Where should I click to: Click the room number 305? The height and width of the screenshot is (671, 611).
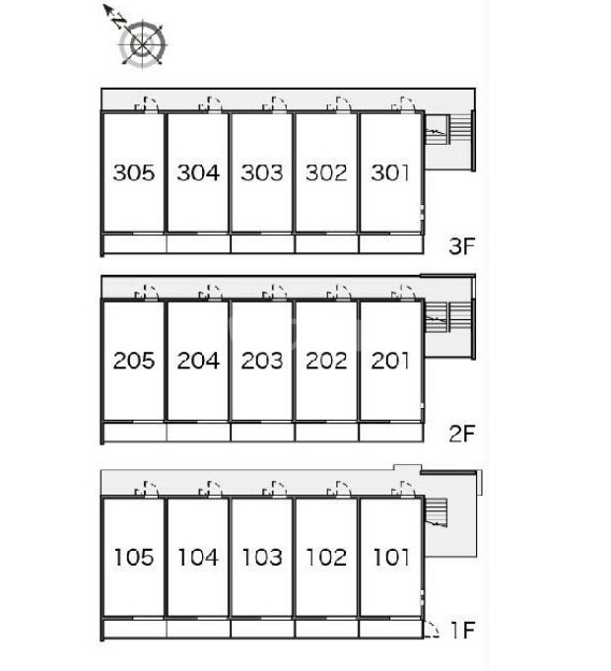click(x=133, y=172)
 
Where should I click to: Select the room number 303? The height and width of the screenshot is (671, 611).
click(x=262, y=172)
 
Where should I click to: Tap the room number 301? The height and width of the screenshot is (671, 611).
click(x=390, y=172)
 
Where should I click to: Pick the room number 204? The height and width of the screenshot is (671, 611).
click(x=198, y=361)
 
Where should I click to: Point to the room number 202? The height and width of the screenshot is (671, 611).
click(x=326, y=361)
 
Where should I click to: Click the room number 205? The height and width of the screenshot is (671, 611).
click(x=133, y=361)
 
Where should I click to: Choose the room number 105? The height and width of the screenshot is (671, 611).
click(x=133, y=557)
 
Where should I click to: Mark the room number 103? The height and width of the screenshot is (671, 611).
click(x=262, y=557)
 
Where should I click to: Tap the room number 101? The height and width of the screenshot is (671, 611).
click(x=391, y=557)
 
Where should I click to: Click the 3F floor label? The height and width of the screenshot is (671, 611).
click(x=462, y=246)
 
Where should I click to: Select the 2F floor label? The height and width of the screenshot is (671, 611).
click(x=462, y=434)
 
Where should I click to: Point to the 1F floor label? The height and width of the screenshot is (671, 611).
click(x=463, y=630)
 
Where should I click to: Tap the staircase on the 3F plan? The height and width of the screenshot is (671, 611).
click(x=447, y=129)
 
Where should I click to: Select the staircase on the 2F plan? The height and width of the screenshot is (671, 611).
click(x=447, y=317)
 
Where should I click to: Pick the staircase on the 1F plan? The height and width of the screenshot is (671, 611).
click(x=436, y=512)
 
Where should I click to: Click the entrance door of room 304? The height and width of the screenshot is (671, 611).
click(x=211, y=104)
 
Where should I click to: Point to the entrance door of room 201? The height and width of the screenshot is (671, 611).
click(x=403, y=294)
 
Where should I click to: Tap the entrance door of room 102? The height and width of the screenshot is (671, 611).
click(x=339, y=490)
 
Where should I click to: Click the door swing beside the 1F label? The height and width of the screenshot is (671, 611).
click(x=432, y=629)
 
